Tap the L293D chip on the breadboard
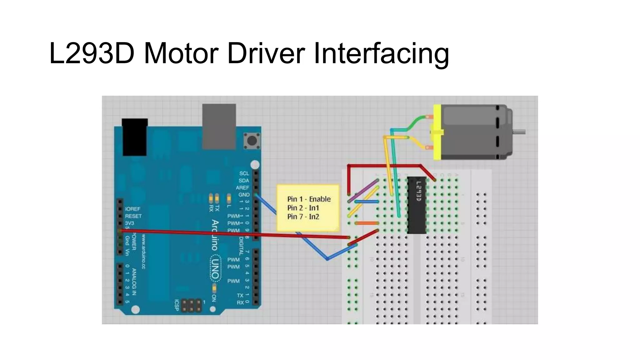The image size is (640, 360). [x=417, y=205]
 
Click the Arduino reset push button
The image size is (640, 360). [x=252, y=141]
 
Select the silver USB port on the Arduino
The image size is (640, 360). [x=219, y=126]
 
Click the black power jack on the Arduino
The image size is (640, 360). [x=135, y=137]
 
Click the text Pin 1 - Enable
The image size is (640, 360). [x=309, y=199]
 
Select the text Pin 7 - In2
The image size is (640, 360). [x=303, y=217]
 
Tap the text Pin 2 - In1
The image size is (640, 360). [x=303, y=208]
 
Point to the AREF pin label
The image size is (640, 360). [x=242, y=187]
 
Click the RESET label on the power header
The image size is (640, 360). [x=133, y=216]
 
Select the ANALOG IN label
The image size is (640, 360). [x=134, y=282]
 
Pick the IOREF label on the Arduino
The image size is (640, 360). [x=132, y=209]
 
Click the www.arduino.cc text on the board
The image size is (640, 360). [x=143, y=252]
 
